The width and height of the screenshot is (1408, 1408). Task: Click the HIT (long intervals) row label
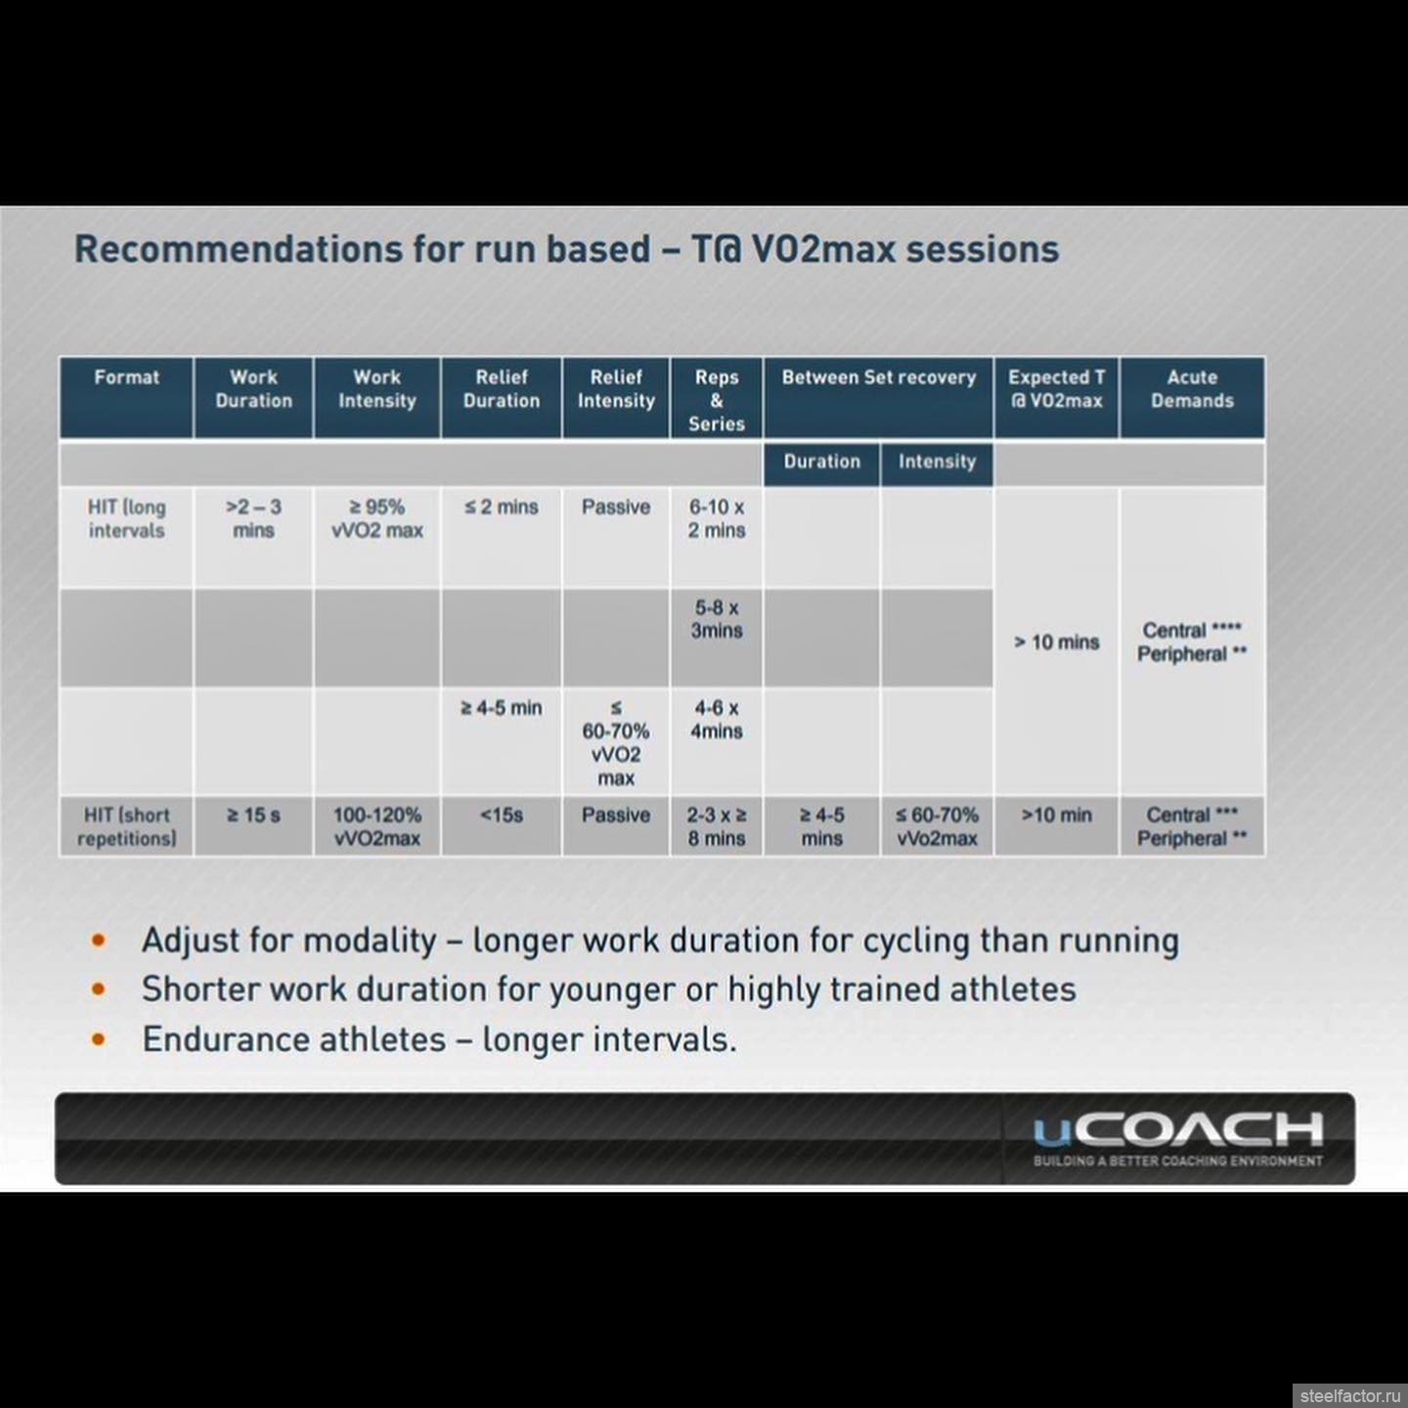coord(126,519)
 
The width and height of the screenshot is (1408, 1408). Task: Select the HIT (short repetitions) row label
coord(126,826)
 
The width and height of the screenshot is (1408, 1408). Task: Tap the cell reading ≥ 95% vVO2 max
coord(377,519)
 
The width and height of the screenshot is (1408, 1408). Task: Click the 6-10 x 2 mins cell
coord(716,519)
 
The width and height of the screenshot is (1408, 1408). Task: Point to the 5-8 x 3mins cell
coord(716,619)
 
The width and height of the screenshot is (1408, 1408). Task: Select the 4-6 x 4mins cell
coord(716,720)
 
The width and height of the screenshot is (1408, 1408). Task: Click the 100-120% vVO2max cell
coord(377,826)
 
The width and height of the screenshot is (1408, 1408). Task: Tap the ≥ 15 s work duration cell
coord(253,815)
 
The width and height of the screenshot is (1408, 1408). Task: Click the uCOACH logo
coord(1177,1138)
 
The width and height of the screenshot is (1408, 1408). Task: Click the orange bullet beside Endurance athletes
coord(99,1038)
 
